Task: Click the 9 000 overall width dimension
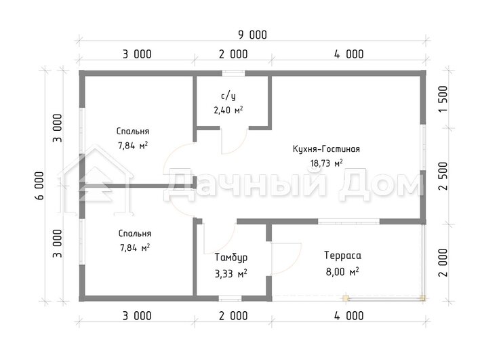253,35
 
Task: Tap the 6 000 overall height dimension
39,186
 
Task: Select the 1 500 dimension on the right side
443,99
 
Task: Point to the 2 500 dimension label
443,176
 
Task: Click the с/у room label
228,96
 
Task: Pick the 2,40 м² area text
228,110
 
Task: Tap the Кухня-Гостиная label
326,149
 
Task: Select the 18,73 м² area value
326,163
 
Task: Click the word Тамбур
231,258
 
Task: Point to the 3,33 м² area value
231,273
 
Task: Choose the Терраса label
343,256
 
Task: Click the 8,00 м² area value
342,272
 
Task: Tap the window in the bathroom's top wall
233,73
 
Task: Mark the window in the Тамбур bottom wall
230,298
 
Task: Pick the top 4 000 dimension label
349,54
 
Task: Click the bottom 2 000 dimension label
233,316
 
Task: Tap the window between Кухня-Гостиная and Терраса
348,221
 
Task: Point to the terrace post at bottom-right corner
423,298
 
